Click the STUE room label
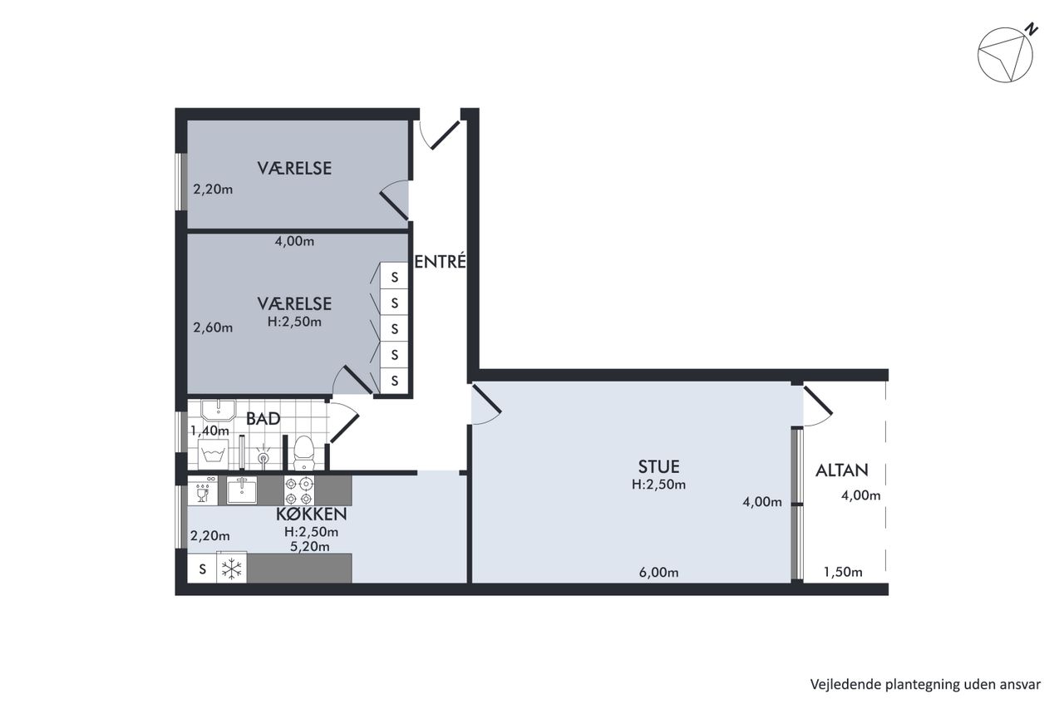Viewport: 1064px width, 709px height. pos(658,467)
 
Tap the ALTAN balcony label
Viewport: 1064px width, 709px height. pos(842,470)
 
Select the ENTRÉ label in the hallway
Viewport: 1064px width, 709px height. pos(440,262)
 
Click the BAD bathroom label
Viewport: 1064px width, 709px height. pos(264,418)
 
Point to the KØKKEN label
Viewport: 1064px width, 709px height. pos(312,515)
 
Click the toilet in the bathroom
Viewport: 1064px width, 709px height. pos(303,452)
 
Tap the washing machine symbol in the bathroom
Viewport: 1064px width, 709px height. pos(213,455)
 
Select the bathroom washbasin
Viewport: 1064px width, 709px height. pos(219,410)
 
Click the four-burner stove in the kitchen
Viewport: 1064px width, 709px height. pos(298,490)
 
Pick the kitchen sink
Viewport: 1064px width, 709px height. pos(241,490)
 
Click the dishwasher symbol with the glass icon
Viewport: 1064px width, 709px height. pos(203,490)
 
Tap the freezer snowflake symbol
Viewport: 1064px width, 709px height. pos(232,569)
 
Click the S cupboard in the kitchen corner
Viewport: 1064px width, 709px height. pos(202,569)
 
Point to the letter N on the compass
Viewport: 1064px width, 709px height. pos(1032,29)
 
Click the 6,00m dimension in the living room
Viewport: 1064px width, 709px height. pos(658,573)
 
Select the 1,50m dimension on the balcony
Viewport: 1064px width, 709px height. pos(843,573)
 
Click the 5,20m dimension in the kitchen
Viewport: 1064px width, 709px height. pos(310,547)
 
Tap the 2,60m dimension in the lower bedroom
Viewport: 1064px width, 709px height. pos(213,327)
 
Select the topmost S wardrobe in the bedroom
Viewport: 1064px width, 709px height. pos(394,277)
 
